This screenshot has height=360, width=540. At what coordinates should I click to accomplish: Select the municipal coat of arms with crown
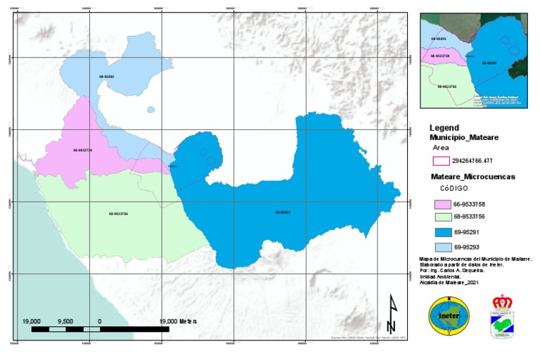(501, 316)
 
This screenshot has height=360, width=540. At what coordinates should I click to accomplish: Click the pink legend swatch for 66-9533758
(440, 204)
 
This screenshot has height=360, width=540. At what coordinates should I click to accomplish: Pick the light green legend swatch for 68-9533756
(440, 217)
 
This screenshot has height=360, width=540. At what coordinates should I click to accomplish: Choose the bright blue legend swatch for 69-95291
(440, 233)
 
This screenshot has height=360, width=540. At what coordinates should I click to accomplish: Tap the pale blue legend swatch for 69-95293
(440, 247)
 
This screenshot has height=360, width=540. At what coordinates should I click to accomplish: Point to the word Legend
(445, 128)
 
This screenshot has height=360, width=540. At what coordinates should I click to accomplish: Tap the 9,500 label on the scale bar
(65, 321)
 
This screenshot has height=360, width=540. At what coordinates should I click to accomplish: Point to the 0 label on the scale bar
(99, 321)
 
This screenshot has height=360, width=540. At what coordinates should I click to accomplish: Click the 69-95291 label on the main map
(283, 212)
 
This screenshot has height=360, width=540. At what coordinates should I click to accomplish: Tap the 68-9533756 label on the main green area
(118, 214)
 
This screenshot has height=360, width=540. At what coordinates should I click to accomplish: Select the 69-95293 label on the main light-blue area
(107, 76)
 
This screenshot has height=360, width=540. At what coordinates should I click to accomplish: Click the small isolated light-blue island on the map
(150, 109)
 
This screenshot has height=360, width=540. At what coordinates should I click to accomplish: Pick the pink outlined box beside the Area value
(440, 161)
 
